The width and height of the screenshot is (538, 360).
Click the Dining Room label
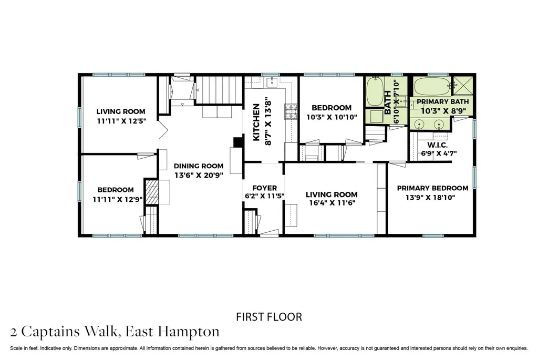coord(198,166)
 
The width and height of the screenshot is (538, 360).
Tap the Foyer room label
coord(264,188)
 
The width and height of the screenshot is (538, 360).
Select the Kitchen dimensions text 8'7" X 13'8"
coord(268,121)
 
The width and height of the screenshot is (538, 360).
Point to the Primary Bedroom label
coord(432,188)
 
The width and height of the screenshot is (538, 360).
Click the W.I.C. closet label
coord(438,145)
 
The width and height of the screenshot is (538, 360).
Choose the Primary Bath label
coord(442,101)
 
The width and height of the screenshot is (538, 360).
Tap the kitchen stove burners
coord(291,111)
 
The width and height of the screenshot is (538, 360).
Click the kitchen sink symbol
coord(273,83)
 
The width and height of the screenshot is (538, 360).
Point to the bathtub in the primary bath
coord(432,87)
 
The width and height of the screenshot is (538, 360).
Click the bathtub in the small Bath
coord(375,91)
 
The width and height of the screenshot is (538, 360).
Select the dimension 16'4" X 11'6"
coord(332,203)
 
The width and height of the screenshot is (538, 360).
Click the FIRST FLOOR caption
coord(269,317)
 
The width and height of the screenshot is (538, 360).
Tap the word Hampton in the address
coord(189,332)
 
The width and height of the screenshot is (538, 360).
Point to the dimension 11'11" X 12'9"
coord(117,199)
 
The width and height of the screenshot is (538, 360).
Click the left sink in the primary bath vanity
coord(419,124)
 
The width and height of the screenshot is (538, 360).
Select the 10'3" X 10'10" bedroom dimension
coord(332,117)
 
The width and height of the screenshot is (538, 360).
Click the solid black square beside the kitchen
coord(238,142)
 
